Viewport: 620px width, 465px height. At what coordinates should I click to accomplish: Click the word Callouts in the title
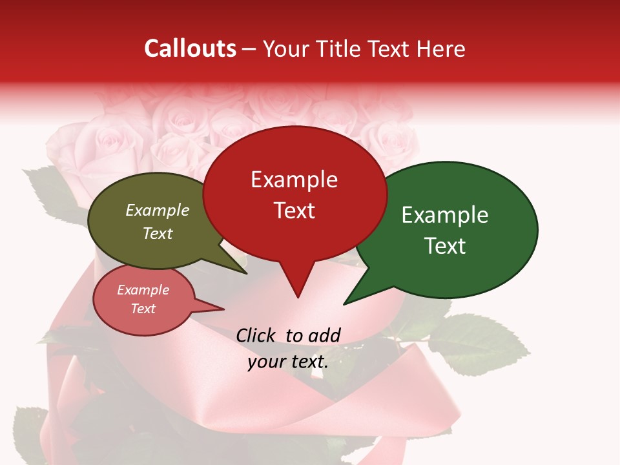190,48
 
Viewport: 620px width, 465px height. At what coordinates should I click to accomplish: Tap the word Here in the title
442,48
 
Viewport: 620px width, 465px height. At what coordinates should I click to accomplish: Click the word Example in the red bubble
294,180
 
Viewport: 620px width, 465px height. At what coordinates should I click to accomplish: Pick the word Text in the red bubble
294,210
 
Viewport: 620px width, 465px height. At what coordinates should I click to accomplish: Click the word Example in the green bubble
445,215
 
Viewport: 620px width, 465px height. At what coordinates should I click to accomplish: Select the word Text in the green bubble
445,245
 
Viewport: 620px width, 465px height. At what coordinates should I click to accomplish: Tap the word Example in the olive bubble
157,210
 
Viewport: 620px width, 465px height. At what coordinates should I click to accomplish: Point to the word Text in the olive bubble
157,233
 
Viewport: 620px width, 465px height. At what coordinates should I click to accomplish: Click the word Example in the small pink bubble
143,290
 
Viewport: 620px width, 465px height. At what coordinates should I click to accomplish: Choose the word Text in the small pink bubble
143,309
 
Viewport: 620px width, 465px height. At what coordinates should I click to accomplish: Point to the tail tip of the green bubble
345,303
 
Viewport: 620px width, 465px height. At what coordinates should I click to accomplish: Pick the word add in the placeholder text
325,335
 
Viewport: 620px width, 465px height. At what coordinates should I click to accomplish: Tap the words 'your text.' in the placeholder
287,362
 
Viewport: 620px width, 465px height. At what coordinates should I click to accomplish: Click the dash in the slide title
249,49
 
